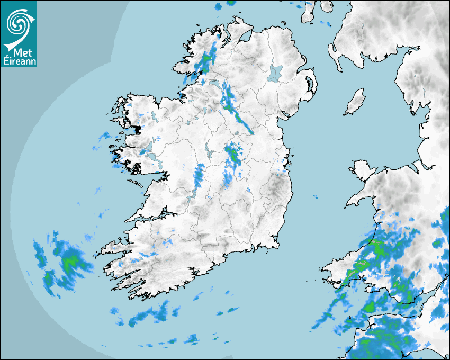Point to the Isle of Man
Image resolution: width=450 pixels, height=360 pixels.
tap(355, 102)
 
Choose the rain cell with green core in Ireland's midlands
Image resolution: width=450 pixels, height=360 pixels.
tap(232, 154)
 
